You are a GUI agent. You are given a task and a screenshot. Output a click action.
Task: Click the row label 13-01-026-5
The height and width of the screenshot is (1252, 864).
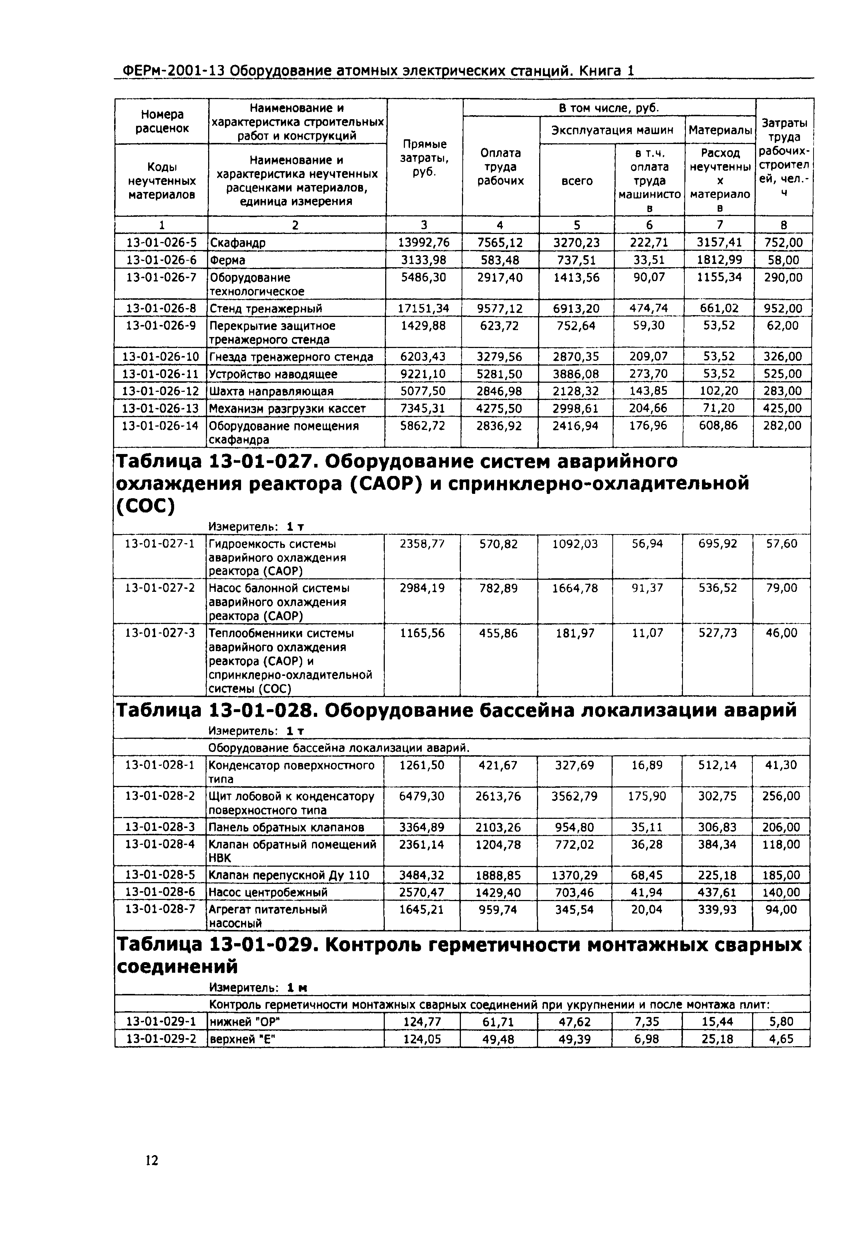tap(161, 242)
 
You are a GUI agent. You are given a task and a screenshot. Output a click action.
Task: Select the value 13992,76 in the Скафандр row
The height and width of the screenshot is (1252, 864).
tap(424, 242)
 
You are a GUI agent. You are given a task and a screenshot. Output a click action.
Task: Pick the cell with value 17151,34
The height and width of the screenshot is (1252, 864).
tap(424, 309)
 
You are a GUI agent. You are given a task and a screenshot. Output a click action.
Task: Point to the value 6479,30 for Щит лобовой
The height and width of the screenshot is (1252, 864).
tap(422, 797)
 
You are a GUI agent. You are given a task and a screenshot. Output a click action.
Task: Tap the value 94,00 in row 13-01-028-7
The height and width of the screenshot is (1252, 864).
tap(781, 909)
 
